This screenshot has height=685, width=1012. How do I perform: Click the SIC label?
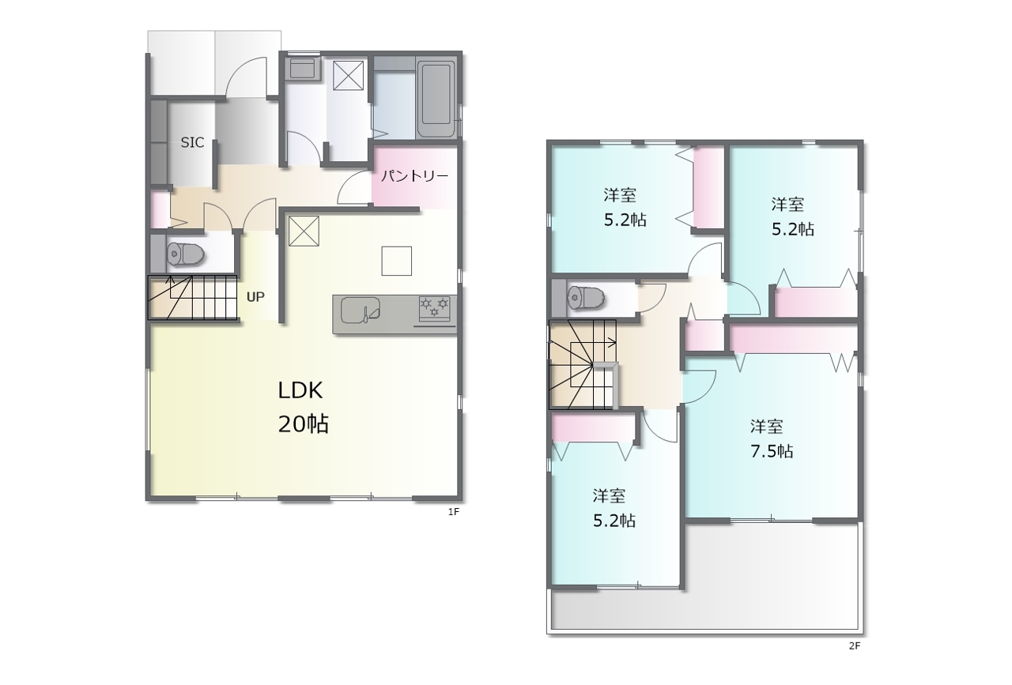coord(192,143)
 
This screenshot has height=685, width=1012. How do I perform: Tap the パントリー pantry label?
coord(415,175)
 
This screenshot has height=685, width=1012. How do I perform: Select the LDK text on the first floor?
coord(300,390)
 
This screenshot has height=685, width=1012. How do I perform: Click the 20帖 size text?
coord(303,424)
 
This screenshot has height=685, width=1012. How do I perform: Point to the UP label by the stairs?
coord(255,297)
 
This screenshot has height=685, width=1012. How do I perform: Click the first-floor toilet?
coord(185,254)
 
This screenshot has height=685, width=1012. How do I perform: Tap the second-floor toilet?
coord(586,297)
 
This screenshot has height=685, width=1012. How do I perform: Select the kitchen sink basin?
coord(360,311)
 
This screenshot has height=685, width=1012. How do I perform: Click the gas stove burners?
coord(435,306)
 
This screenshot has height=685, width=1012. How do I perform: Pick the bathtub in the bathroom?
coord(436,100)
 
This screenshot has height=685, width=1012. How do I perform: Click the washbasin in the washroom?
coord(304,68)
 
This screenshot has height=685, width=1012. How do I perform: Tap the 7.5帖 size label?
coord(772,451)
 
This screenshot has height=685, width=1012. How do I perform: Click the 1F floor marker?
coord(454,512)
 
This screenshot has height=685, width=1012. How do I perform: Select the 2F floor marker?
coord(855,645)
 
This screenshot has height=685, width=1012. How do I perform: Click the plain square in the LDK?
coord(397,261)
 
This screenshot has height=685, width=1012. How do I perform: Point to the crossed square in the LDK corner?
coord(304,231)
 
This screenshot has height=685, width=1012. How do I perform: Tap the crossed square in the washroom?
coord(349,75)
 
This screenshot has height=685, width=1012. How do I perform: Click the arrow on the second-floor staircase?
coord(593,343)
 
